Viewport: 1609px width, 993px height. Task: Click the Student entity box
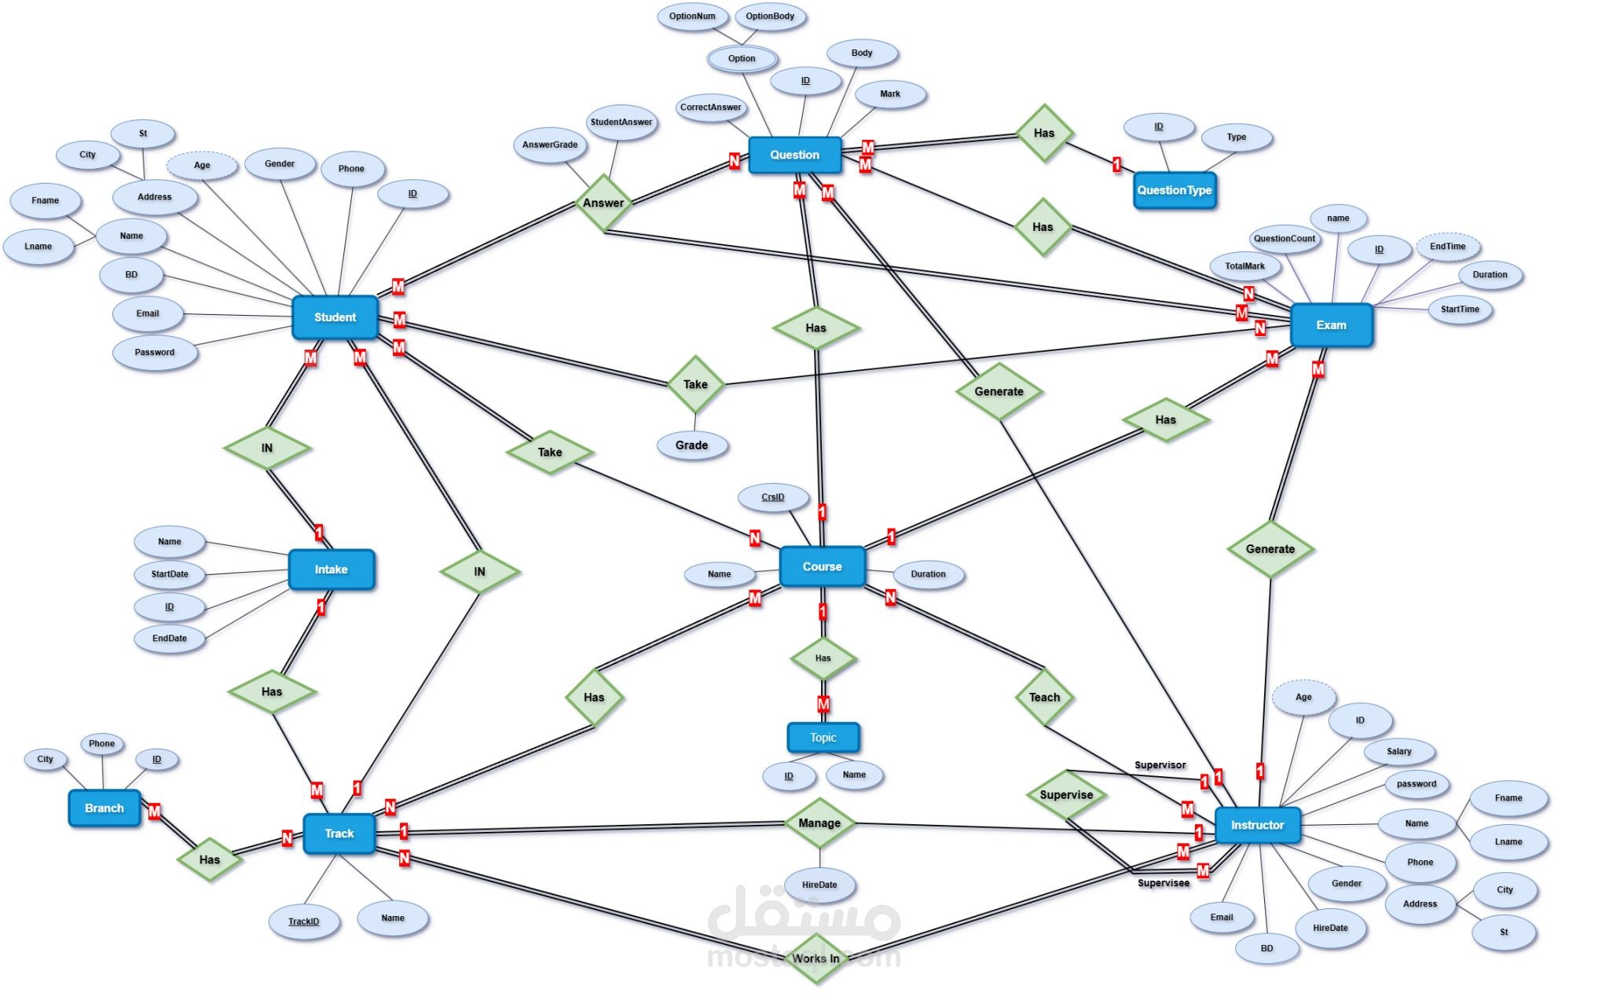click(x=335, y=317)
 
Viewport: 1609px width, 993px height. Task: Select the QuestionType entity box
click(x=1174, y=190)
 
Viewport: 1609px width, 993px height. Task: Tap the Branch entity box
click(x=104, y=808)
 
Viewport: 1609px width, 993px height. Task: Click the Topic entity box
click(x=823, y=738)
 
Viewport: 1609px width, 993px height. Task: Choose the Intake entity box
click(x=331, y=570)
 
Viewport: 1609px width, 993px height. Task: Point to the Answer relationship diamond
click(x=603, y=203)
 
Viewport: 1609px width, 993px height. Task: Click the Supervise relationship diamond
click(x=1066, y=795)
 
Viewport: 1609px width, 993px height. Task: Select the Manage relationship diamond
click(x=819, y=823)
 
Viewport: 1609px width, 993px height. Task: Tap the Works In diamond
click(x=815, y=958)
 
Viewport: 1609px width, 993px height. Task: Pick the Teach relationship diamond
click(x=1044, y=697)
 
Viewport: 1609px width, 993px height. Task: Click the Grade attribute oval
click(x=691, y=445)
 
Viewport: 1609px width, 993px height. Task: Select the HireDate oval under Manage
click(x=819, y=885)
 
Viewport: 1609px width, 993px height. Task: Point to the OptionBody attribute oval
click(x=770, y=16)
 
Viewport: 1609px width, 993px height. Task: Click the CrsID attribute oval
click(x=773, y=497)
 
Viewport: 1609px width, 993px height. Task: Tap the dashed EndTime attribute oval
click(x=1447, y=247)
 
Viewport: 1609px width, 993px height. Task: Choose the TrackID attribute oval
click(x=304, y=922)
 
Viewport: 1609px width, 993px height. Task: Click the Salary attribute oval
click(x=1398, y=752)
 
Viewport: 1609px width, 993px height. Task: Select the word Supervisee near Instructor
click(x=1164, y=884)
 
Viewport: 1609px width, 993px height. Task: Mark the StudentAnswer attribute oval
click(x=621, y=123)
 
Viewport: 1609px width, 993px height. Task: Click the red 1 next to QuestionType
click(x=1116, y=165)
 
